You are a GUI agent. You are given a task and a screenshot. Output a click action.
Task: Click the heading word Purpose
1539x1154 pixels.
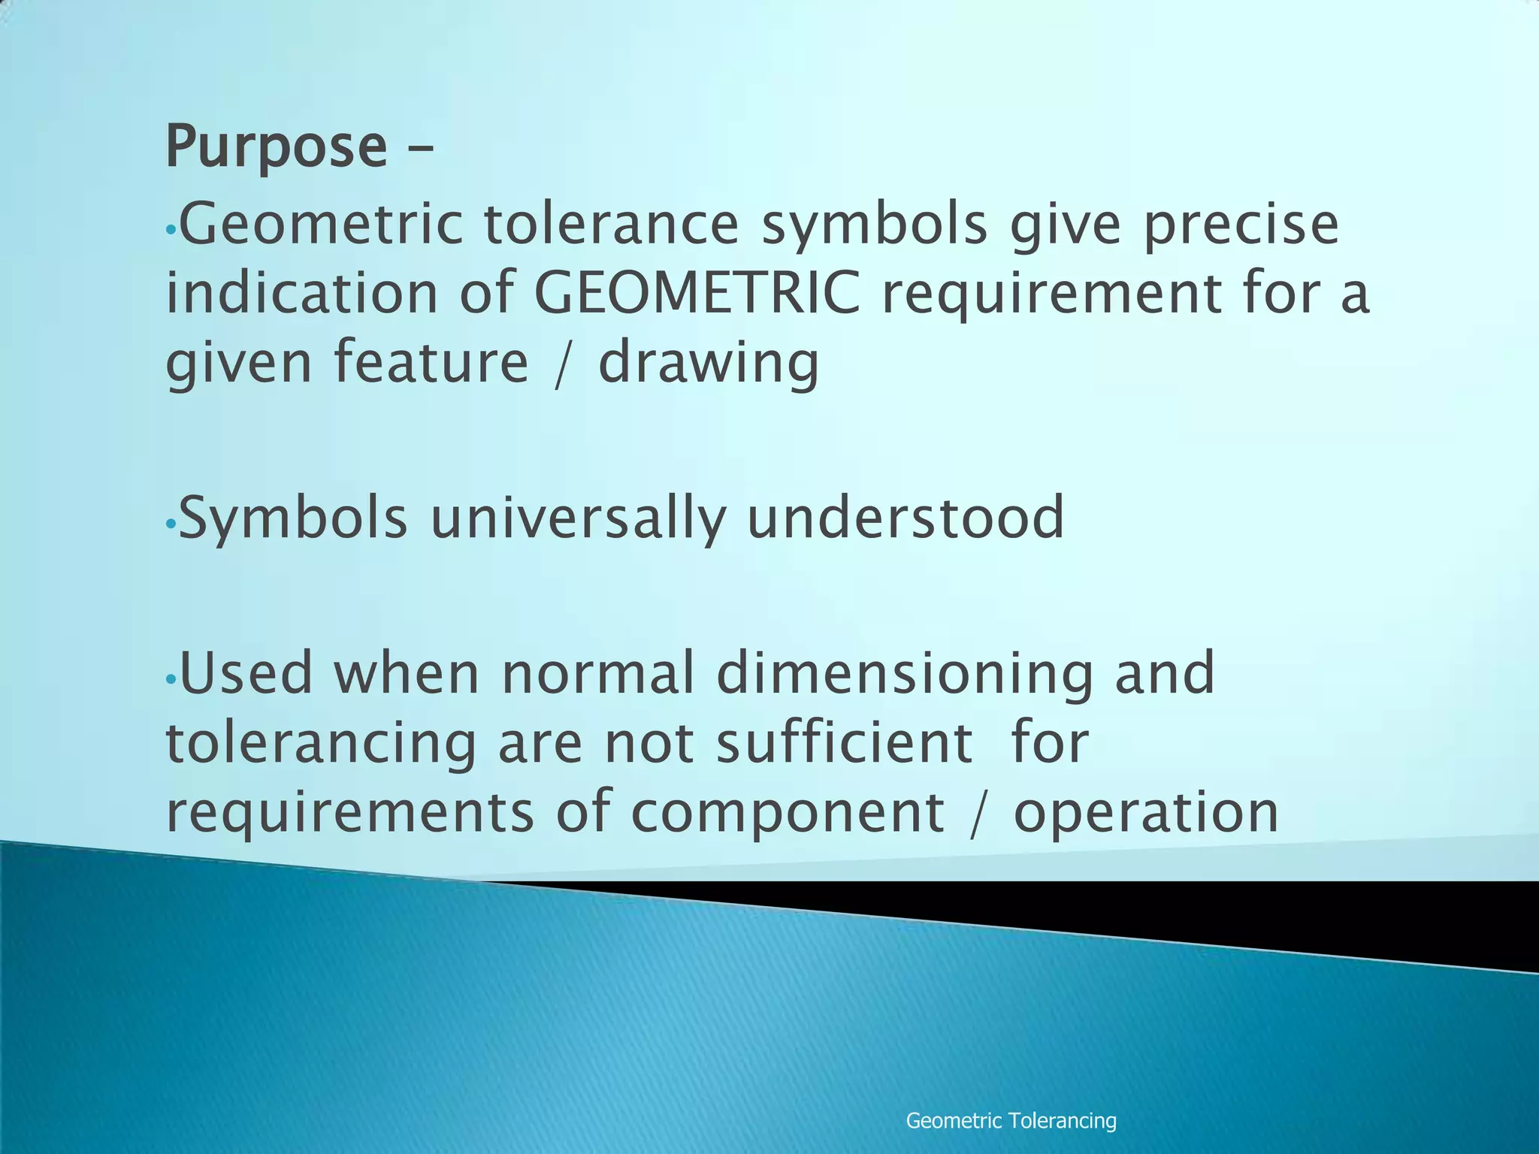click(x=276, y=147)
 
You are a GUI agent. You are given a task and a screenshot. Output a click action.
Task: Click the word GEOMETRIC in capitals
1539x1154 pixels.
click(x=697, y=293)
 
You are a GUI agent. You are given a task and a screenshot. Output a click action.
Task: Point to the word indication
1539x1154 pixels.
click(x=301, y=293)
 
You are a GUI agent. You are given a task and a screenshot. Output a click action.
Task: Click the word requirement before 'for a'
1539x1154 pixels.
click(x=1051, y=293)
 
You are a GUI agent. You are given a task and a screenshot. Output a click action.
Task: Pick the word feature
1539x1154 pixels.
click(x=431, y=362)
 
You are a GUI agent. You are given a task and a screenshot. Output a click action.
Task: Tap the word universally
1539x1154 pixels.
click(x=578, y=518)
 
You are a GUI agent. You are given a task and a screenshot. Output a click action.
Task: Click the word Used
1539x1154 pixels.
click(x=246, y=673)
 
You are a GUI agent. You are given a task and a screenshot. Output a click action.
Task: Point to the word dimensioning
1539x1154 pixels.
click(x=904, y=675)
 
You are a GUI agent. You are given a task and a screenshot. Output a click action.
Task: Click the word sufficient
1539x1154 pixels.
click(x=844, y=742)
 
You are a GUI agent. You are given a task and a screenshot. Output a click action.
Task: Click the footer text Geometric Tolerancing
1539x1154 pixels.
click(x=1011, y=1121)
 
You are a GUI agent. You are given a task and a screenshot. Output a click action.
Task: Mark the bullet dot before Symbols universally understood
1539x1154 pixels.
click(x=171, y=523)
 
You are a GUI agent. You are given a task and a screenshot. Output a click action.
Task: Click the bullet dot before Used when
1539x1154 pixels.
click(x=171, y=678)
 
